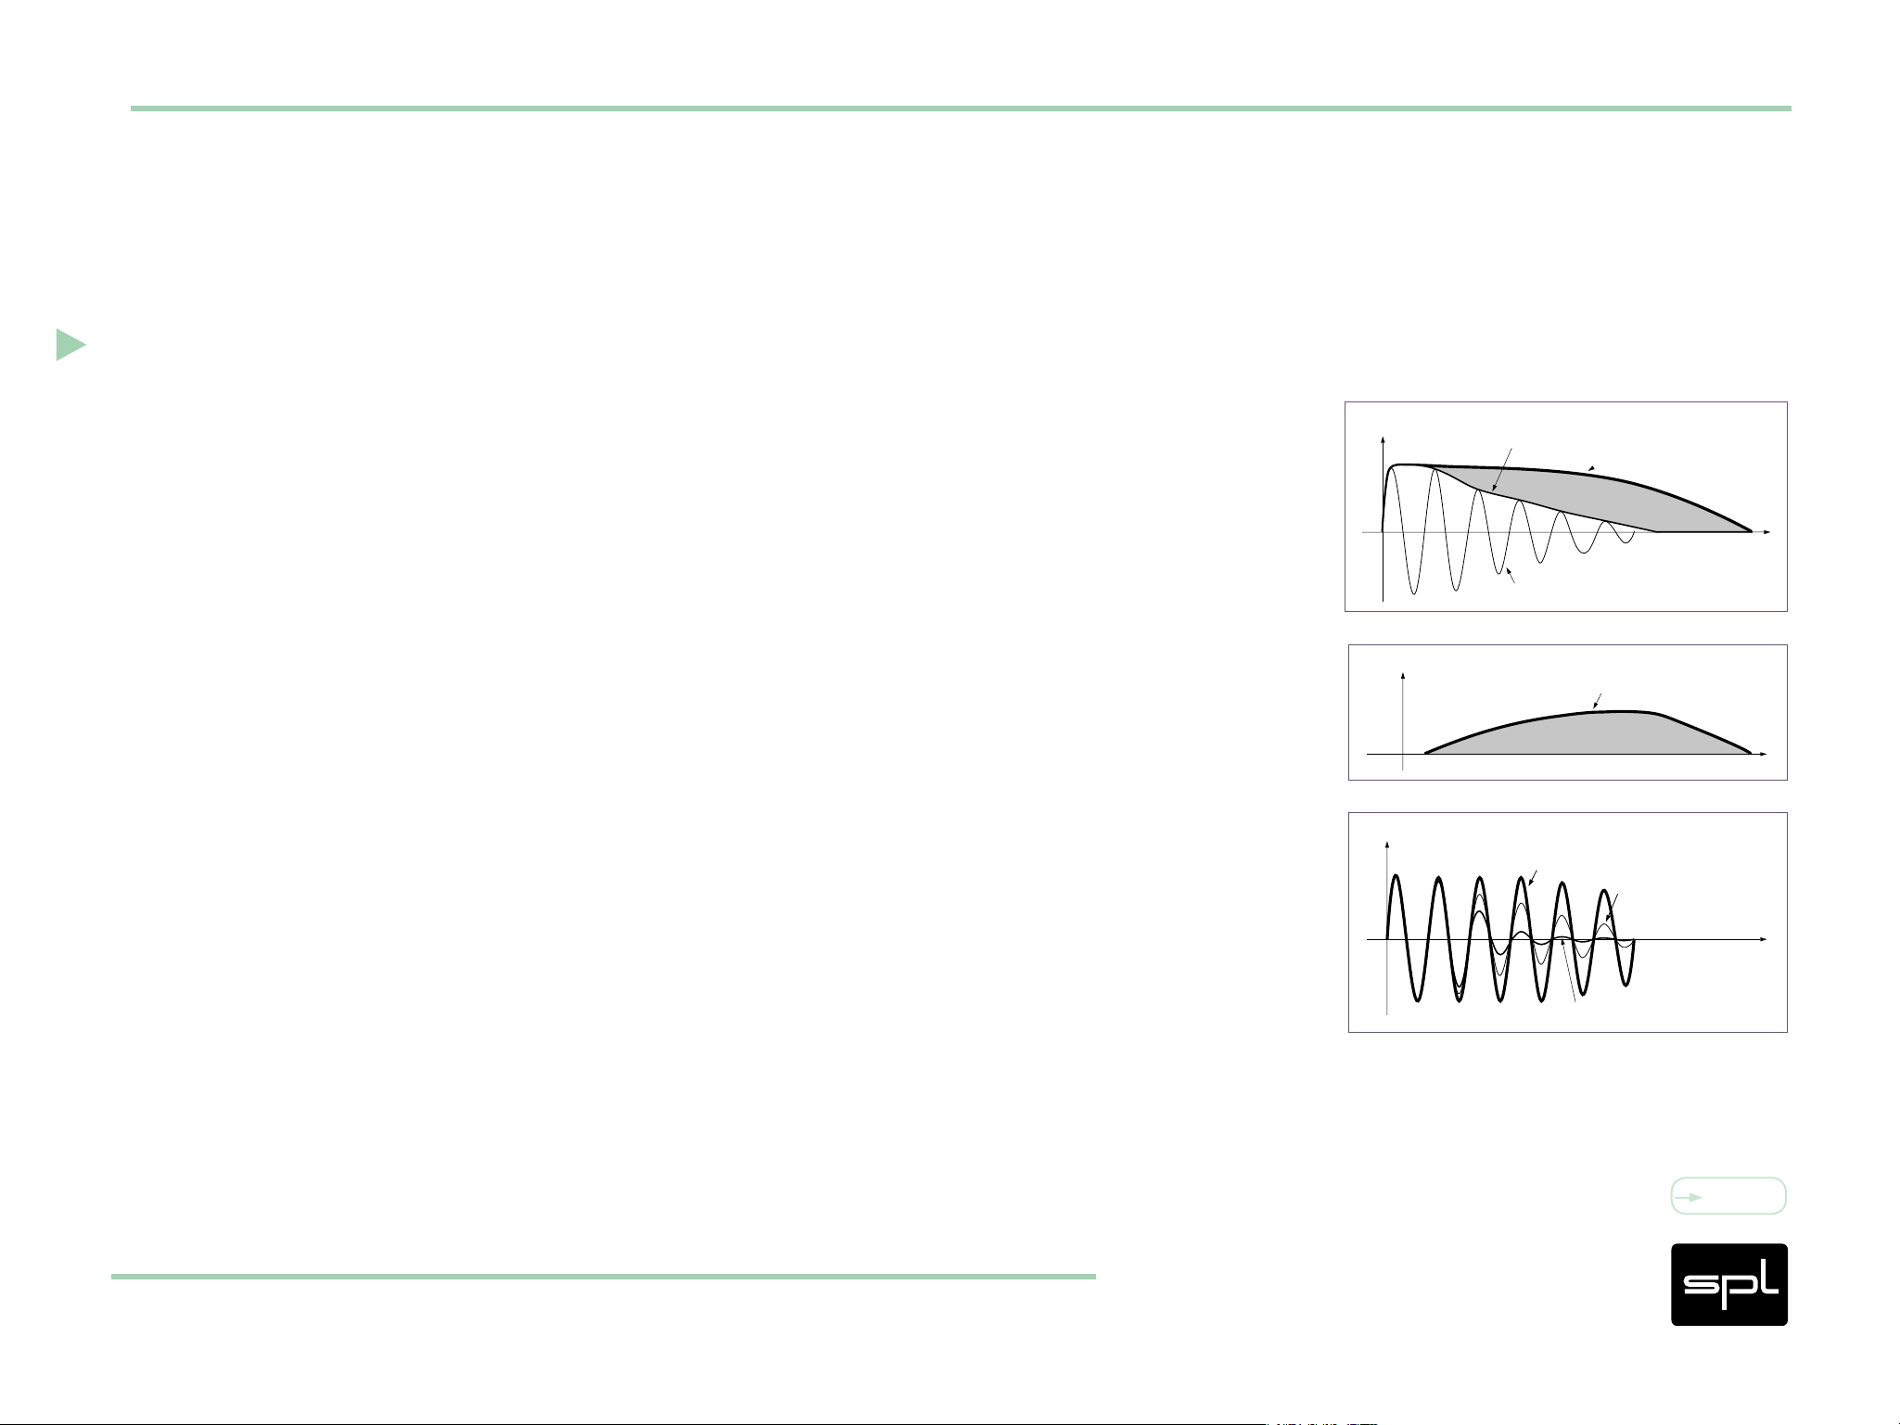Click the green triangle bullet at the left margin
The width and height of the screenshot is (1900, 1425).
click(70, 344)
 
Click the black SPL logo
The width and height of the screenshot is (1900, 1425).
click(1728, 1284)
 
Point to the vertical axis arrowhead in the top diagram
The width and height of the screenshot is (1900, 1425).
click(1383, 439)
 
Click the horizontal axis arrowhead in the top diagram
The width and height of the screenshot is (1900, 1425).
click(1766, 532)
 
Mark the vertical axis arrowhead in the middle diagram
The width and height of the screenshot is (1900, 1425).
click(1403, 676)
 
